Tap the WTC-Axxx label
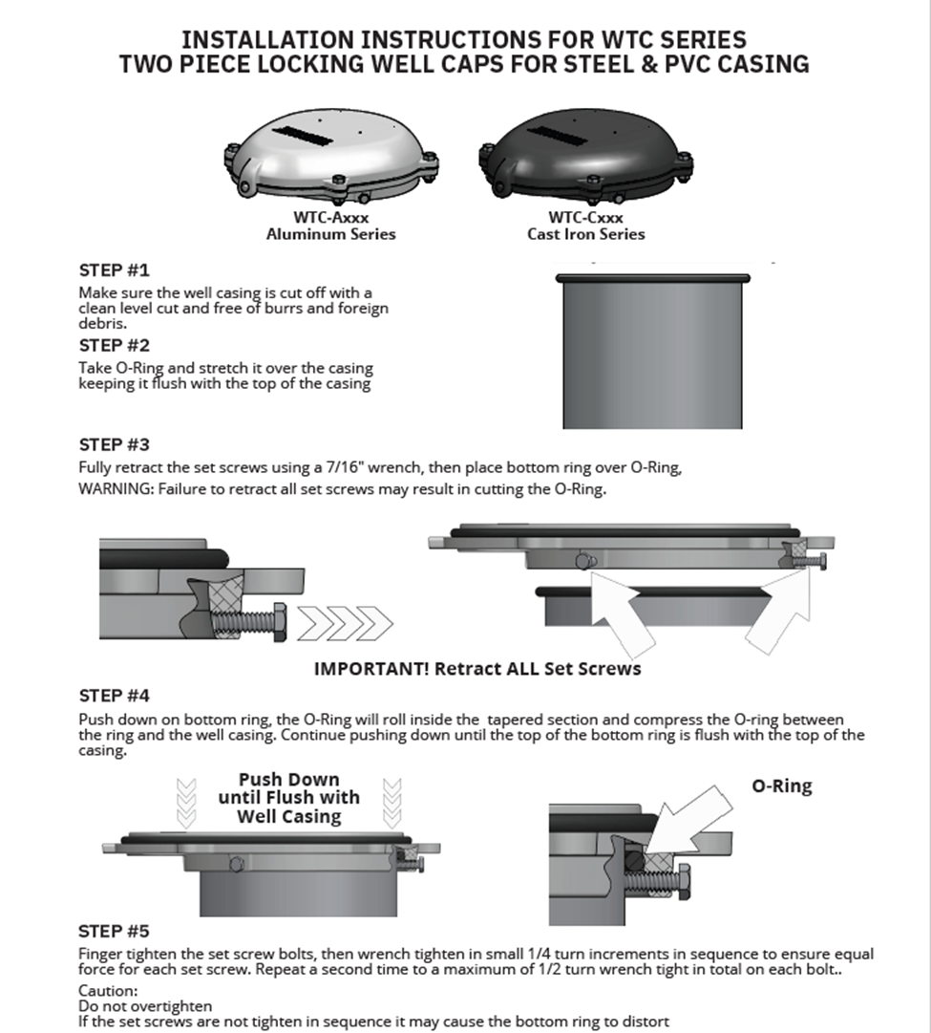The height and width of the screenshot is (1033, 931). [330, 218]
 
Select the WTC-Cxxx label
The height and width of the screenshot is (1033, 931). [586, 218]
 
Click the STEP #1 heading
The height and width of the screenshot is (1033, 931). [114, 270]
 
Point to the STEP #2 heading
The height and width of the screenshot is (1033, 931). [114, 346]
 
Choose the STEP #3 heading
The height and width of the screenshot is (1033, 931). [114, 444]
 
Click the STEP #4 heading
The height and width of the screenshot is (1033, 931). [114, 696]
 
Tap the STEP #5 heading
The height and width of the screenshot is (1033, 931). [114, 931]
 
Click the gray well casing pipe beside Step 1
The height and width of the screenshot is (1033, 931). [652, 354]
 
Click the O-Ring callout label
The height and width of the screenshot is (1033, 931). [780, 786]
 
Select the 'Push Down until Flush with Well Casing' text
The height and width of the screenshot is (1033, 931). [288, 798]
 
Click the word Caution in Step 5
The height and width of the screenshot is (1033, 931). [108, 991]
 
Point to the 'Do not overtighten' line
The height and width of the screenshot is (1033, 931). [145, 1006]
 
